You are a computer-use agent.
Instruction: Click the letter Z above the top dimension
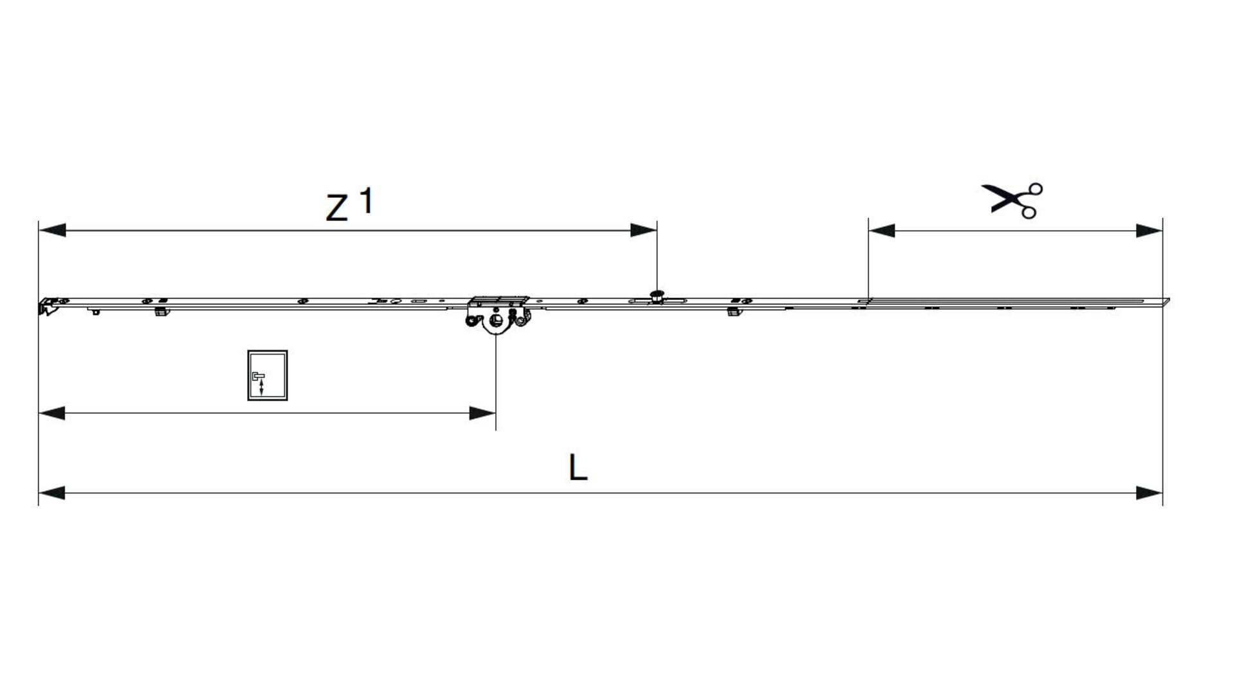tap(336, 208)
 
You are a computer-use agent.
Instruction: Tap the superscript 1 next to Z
tap(365, 200)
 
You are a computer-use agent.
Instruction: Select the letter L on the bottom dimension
tap(578, 467)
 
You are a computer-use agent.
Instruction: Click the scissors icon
tap(1011, 200)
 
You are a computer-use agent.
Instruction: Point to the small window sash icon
tap(268, 375)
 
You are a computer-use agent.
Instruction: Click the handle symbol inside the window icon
tap(259, 382)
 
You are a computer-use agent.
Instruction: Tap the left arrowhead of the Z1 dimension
tap(52, 230)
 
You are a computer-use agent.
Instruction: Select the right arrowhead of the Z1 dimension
tap(643, 230)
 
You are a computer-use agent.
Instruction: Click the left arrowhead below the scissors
tap(881, 230)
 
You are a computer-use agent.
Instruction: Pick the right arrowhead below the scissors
tap(1149, 230)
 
